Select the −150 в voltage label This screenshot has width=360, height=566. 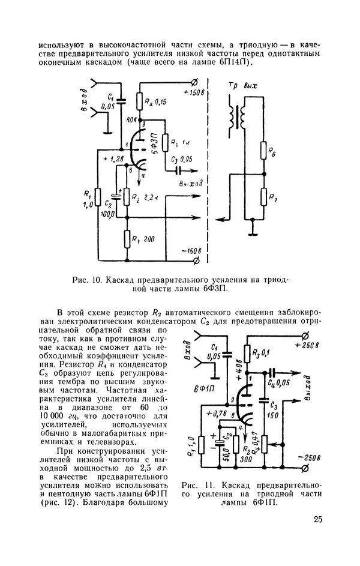click(193, 250)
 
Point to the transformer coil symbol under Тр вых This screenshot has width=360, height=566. click(238, 116)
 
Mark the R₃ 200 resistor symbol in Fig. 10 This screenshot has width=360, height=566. click(127, 239)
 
